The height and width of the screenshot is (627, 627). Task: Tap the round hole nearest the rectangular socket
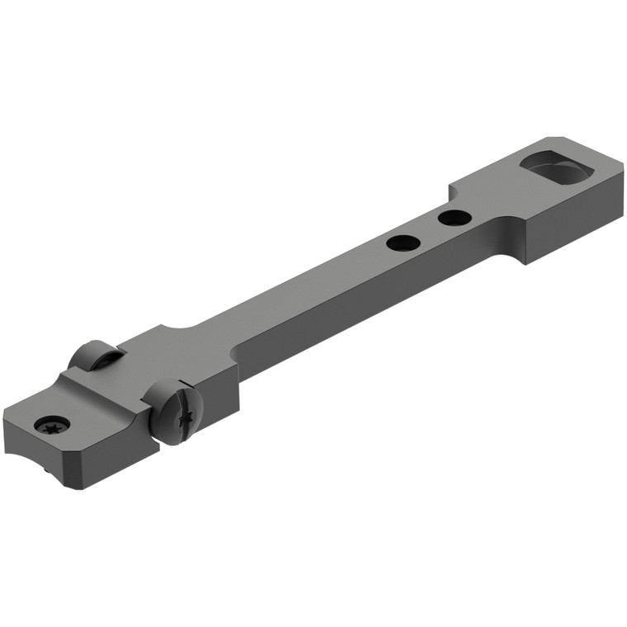coord(455,218)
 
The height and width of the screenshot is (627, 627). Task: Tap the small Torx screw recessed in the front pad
coord(52,426)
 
